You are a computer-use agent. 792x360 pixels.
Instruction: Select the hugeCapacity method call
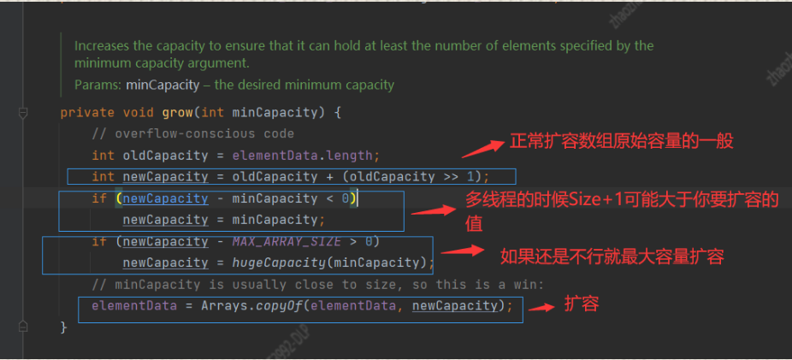pos(277,263)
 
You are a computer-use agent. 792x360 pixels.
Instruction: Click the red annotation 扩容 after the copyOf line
pos(582,304)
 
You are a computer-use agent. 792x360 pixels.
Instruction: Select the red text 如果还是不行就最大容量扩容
pos(612,255)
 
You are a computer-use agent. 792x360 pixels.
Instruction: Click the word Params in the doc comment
pos(96,85)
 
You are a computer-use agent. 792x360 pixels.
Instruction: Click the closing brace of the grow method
pos(63,327)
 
